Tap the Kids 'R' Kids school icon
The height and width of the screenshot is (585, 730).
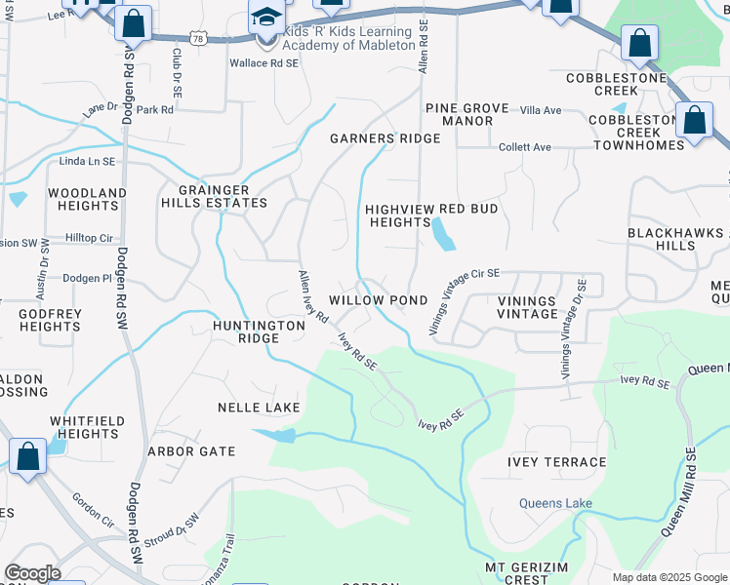pyautogui.click(x=265, y=19)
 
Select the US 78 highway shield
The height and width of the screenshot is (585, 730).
pyautogui.click(x=198, y=38)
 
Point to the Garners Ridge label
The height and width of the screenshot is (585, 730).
pyautogui.click(x=385, y=138)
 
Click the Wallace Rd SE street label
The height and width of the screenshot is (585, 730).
pyautogui.click(x=264, y=62)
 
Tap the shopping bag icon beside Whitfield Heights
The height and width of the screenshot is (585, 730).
pyautogui.click(x=27, y=456)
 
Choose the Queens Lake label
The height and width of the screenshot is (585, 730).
pyautogui.click(x=554, y=503)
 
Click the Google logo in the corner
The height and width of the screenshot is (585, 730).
pyautogui.click(x=32, y=572)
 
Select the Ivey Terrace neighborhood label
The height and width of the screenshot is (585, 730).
pyautogui.click(x=556, y=462)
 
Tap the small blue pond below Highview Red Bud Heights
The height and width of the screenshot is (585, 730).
pyautogui.click(x=442, y=233)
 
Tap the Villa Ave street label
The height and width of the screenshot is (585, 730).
pyautogui.click(x=541, y=110)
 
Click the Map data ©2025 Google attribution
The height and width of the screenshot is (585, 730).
pyautogui.click(x=668, y=577)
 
